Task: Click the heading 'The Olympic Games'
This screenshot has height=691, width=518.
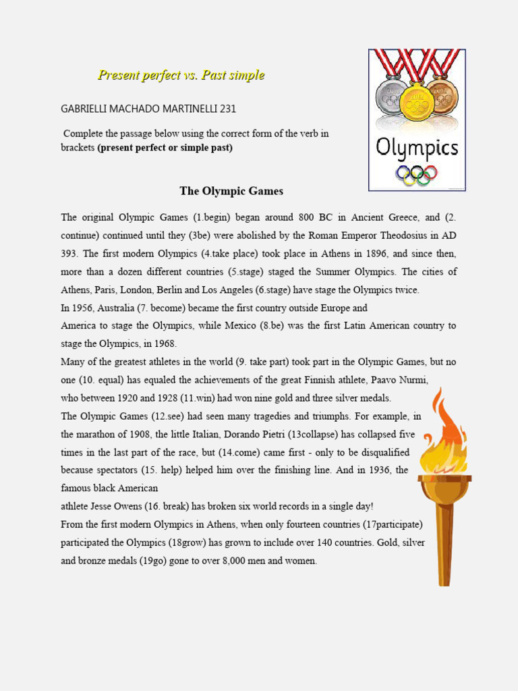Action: click(231, 191)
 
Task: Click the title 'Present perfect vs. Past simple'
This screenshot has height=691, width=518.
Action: click(181, 75)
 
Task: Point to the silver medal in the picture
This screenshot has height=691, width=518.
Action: click(391, 98)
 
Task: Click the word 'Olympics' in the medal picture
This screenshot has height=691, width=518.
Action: click(417, 148)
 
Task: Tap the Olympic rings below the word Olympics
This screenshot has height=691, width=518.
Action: click(416, 174)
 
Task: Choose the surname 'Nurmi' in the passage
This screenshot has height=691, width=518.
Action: click(413, 379)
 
